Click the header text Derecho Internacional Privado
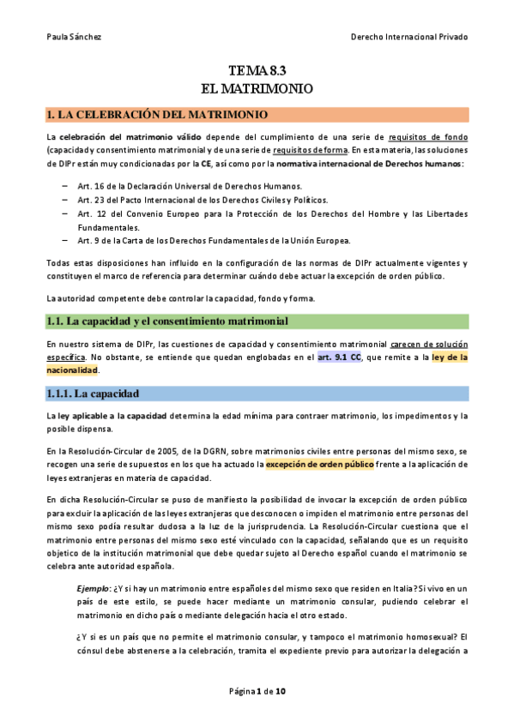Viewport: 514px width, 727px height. click(x=410, y=37)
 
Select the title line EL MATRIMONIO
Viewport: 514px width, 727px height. click(x=257, y=88)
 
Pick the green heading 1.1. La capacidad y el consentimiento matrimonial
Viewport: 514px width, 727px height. click(x=166, y=321)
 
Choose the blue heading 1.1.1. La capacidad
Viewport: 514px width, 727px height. click(x=92, y=394)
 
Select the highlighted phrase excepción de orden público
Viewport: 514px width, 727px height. click(x=319, y=465)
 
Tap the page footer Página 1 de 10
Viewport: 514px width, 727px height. click(x=257, y=691)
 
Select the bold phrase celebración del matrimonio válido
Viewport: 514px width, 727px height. click(x=121, y=136)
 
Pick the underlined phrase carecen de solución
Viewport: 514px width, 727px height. click(x=428, y=344)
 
